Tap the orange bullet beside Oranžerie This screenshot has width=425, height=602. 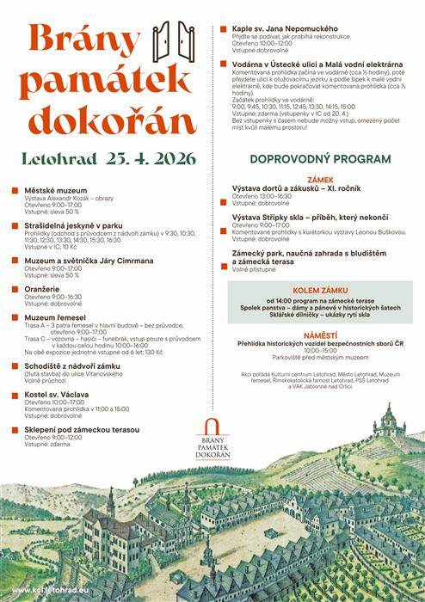(x=15, y=289)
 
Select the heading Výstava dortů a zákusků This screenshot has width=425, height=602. (x=288, y=188)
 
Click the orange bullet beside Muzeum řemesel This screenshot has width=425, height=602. (x=15, y=317)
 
